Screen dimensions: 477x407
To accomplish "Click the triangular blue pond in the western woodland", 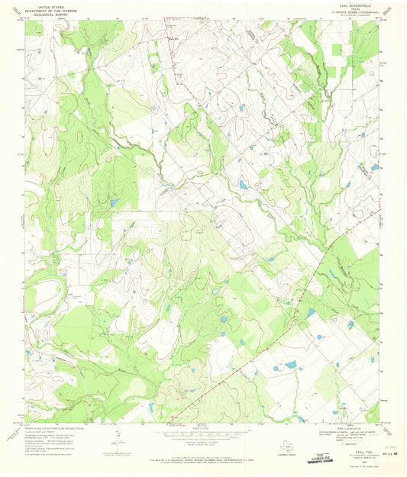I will click(x=114, y=203).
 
